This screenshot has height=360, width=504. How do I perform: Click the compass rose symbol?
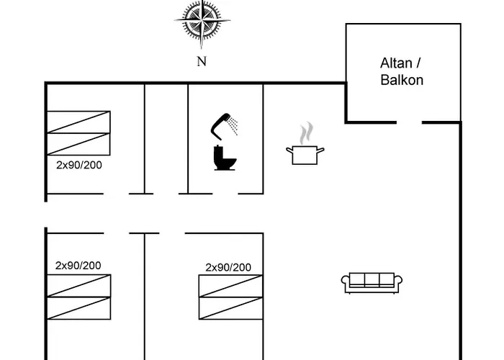tap(202, 23)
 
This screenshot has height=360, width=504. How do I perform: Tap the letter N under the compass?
tap(202, 61)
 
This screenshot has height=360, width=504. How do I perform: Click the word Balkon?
tap(402, 80)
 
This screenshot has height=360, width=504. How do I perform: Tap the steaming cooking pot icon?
tap(305, 153)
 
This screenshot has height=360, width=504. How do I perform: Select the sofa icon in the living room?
tap(370, 282)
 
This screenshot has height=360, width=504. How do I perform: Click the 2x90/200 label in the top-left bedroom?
tap(79, 164)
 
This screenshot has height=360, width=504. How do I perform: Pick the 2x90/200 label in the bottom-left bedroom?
tap(78, 265)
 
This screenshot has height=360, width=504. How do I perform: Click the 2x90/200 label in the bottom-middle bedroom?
tap(228, 267)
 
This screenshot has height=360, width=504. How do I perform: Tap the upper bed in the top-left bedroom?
tap(78, 122)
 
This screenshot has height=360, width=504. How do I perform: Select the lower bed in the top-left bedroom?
tap(78, 144)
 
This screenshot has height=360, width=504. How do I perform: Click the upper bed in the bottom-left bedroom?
tap(78, 286)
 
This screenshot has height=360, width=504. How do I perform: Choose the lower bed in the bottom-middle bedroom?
tap(230, 308)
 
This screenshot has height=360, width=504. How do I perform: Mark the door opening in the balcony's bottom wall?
tap(409, 122)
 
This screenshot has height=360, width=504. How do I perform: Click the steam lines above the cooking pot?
tap(307, 132)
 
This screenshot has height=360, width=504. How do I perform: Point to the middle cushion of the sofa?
tap(370, 280)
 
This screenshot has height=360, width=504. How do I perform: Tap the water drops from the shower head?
tap(235, 127)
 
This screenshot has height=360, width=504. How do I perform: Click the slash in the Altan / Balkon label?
tap(415, 63)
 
